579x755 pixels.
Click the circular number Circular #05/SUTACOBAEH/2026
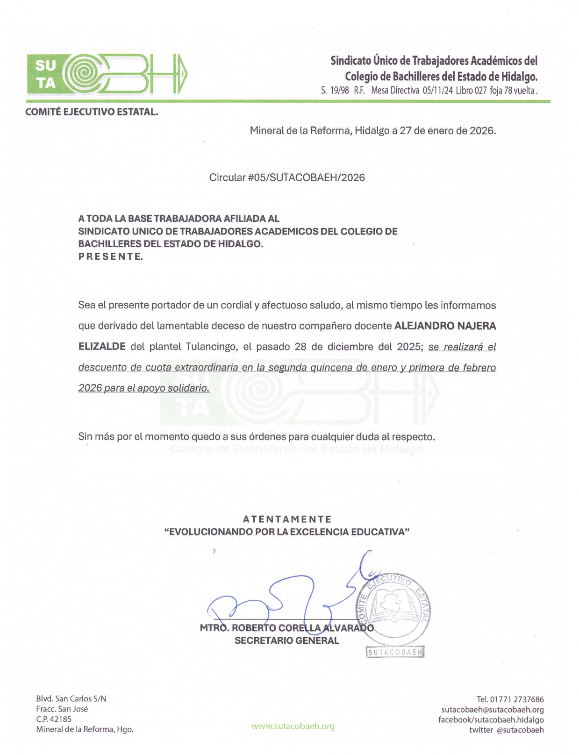pos(287,178)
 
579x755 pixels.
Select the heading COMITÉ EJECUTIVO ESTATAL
pos(92,112)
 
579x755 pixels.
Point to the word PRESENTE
pos(110,256)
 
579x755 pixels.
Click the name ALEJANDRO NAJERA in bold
pos(445,326)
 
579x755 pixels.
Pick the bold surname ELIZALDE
pos(102,347)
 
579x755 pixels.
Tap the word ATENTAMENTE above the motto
pos(287,519)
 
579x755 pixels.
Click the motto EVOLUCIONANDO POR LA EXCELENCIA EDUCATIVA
pos(287,532)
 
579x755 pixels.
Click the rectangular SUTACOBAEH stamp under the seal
pos(395,652)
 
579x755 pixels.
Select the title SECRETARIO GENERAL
pos(286,641)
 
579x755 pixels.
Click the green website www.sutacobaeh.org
pos(293,726)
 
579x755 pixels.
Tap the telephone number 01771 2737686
pos(516,699)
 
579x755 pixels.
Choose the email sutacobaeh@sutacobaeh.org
pos(493,710)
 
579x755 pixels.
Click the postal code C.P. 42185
pos(54,719)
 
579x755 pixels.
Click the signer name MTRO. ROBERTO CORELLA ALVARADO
pos(286,628)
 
